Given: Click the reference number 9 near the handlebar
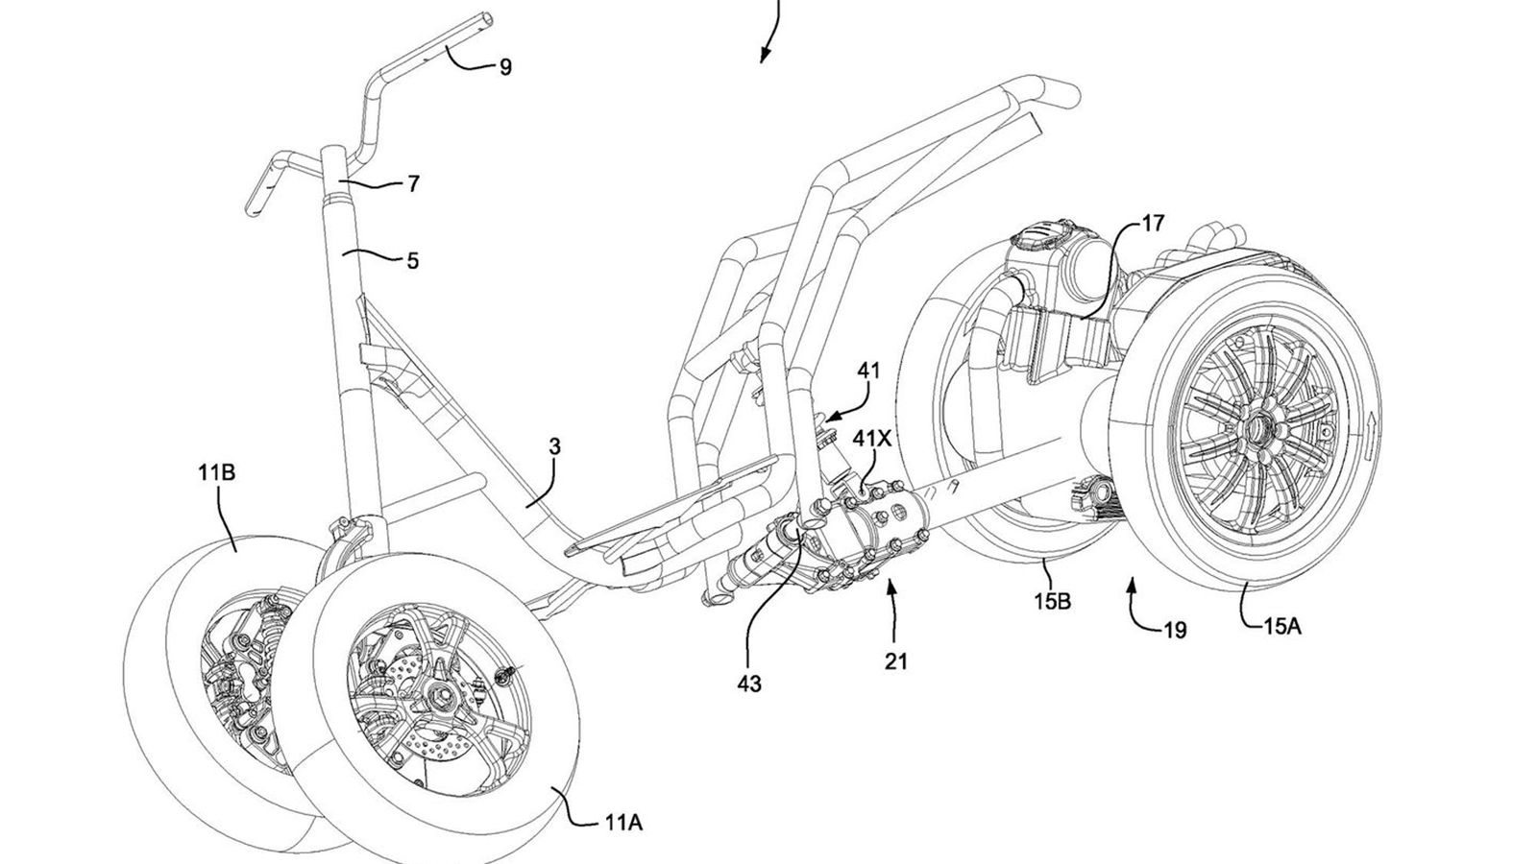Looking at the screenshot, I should click(x=505, y=66).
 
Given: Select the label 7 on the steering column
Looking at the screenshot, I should click(x=413, y=183).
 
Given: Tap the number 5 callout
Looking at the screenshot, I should click(x=412, y=260).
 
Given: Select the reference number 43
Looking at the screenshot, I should click(x=749, y=684).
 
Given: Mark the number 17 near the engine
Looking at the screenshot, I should click(x=1153, y=224).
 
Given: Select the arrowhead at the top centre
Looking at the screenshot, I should click(x=764, y=56).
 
